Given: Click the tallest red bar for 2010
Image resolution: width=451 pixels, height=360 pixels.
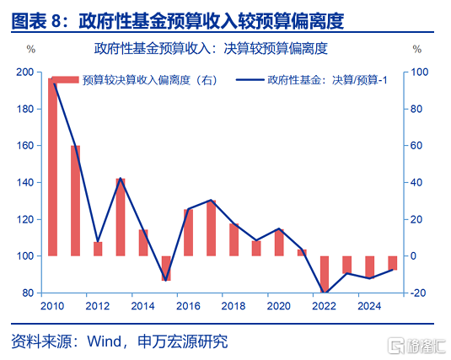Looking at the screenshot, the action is [52, 167].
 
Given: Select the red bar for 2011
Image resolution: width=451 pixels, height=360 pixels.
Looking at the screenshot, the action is [75, 201].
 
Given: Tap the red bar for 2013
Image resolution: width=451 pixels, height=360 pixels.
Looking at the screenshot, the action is [121, 218].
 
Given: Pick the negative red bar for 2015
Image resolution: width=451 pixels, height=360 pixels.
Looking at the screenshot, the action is [166, 268].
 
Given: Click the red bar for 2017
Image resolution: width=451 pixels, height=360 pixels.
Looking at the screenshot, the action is [211, 228].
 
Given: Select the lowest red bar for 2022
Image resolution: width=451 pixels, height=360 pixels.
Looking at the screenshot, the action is [325, 274].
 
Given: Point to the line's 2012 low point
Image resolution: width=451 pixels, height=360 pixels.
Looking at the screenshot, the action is [98, 241].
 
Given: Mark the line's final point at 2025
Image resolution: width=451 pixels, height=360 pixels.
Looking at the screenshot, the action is [393, 270].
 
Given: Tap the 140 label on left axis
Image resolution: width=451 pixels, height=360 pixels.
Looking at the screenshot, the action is [25, 182].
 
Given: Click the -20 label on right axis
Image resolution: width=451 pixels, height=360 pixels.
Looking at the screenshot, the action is [417, 293].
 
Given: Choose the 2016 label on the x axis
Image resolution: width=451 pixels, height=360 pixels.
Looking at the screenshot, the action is [188, 306].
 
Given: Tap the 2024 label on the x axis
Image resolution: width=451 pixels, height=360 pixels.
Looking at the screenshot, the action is [369, 306].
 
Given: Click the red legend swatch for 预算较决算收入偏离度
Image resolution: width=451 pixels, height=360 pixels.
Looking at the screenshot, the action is [65, 80].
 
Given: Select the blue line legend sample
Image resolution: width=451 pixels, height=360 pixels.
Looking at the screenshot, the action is [250, 80].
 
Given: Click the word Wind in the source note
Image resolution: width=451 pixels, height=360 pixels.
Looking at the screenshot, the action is [105, 341].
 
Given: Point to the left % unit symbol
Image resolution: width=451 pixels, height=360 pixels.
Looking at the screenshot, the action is [31, 49].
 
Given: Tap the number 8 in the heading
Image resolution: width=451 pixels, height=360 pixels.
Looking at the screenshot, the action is [56, 21].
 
